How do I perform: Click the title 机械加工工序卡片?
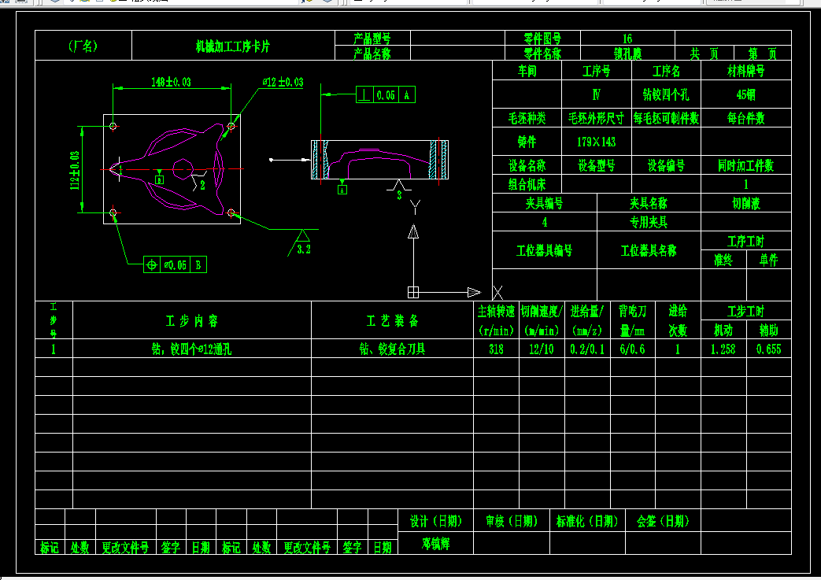[232, 46]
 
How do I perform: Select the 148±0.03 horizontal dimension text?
[172, 82]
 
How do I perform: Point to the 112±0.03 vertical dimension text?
[76, 170]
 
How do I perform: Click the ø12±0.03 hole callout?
[283, 82]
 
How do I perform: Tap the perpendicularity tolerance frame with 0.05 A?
[385, 95]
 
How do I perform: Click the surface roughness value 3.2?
[305, 249]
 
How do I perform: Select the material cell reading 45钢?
[745, 94]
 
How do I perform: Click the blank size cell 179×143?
[596, 142]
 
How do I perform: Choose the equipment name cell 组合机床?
[527, 184]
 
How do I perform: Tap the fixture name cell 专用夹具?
[648, 222]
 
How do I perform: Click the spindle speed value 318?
[496, 349]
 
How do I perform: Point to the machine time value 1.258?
[723, 349]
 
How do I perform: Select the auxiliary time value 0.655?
[768, 349]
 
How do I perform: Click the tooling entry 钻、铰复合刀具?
[391, 349]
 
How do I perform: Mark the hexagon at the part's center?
[181, 168]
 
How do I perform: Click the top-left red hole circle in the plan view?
[114, 126]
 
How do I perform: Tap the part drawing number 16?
[627, 39]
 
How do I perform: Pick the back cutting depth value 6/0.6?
[631, 349]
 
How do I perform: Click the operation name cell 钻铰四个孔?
[665, 94]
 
